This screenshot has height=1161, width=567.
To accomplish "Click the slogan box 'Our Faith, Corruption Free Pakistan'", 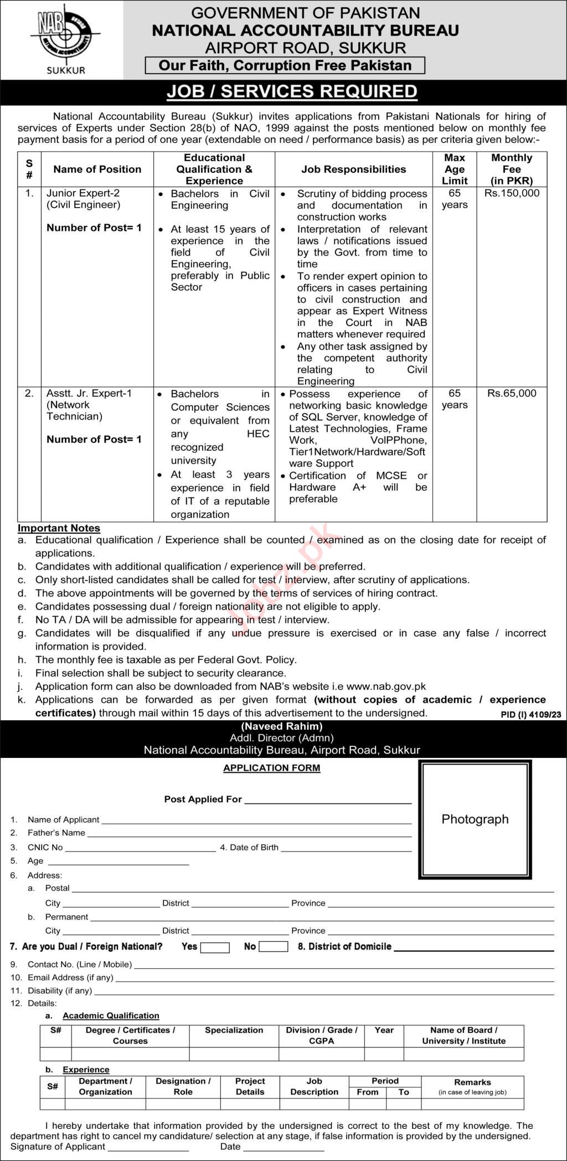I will pos(285,66).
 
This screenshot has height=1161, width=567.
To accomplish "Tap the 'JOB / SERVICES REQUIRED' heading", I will pos(292,91).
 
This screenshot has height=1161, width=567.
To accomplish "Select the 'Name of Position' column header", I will pos(97,169).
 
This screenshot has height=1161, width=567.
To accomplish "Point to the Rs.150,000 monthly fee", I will pos(512,193).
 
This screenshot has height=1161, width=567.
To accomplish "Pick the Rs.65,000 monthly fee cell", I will pos(512,393).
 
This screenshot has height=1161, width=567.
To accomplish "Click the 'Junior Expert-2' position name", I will pos(83,193).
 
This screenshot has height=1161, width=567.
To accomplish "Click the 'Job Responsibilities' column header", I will pos(353,169).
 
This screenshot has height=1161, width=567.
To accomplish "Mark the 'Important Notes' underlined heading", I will pos(59,528).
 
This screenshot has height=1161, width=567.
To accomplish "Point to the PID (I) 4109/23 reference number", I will pos(530,715).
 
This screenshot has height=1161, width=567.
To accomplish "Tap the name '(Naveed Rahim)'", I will pos(282,726).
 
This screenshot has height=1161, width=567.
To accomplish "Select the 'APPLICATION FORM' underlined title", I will pos(271,768).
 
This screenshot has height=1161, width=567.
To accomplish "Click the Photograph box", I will pos(475,820).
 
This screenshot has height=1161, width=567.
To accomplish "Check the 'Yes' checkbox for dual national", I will pos(215,947).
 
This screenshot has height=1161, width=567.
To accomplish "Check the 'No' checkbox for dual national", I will pos(274,947).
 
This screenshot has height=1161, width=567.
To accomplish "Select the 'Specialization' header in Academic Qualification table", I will pos(234,1030).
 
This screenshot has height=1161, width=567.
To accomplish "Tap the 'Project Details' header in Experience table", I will pos(250,1086).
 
